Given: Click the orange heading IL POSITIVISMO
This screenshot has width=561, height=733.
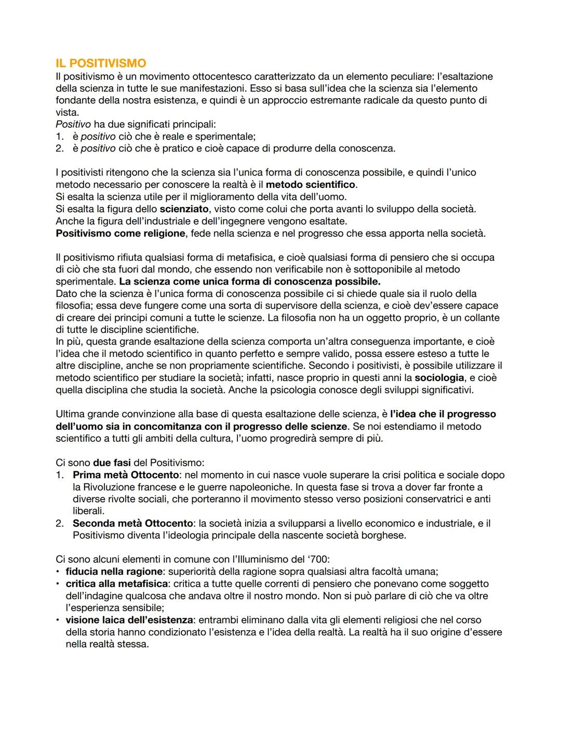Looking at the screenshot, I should point(101,63).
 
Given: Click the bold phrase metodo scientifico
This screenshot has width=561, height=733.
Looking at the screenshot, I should point(310,185).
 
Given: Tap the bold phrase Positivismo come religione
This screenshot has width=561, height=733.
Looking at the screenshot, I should point(120,233).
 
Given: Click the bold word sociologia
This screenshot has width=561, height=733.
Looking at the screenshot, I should point(439,378).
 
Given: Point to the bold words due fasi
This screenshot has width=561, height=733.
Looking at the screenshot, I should point(112,463).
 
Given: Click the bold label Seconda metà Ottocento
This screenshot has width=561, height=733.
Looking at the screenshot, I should point(132,523).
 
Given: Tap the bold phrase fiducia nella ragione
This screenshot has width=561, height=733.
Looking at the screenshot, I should point(114,572).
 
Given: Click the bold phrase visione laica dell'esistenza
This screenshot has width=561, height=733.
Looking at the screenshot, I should point(129,620).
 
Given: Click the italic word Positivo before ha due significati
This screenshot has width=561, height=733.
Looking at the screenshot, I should point(73,125).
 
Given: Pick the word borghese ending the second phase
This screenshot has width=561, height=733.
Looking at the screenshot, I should point(386,535).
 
